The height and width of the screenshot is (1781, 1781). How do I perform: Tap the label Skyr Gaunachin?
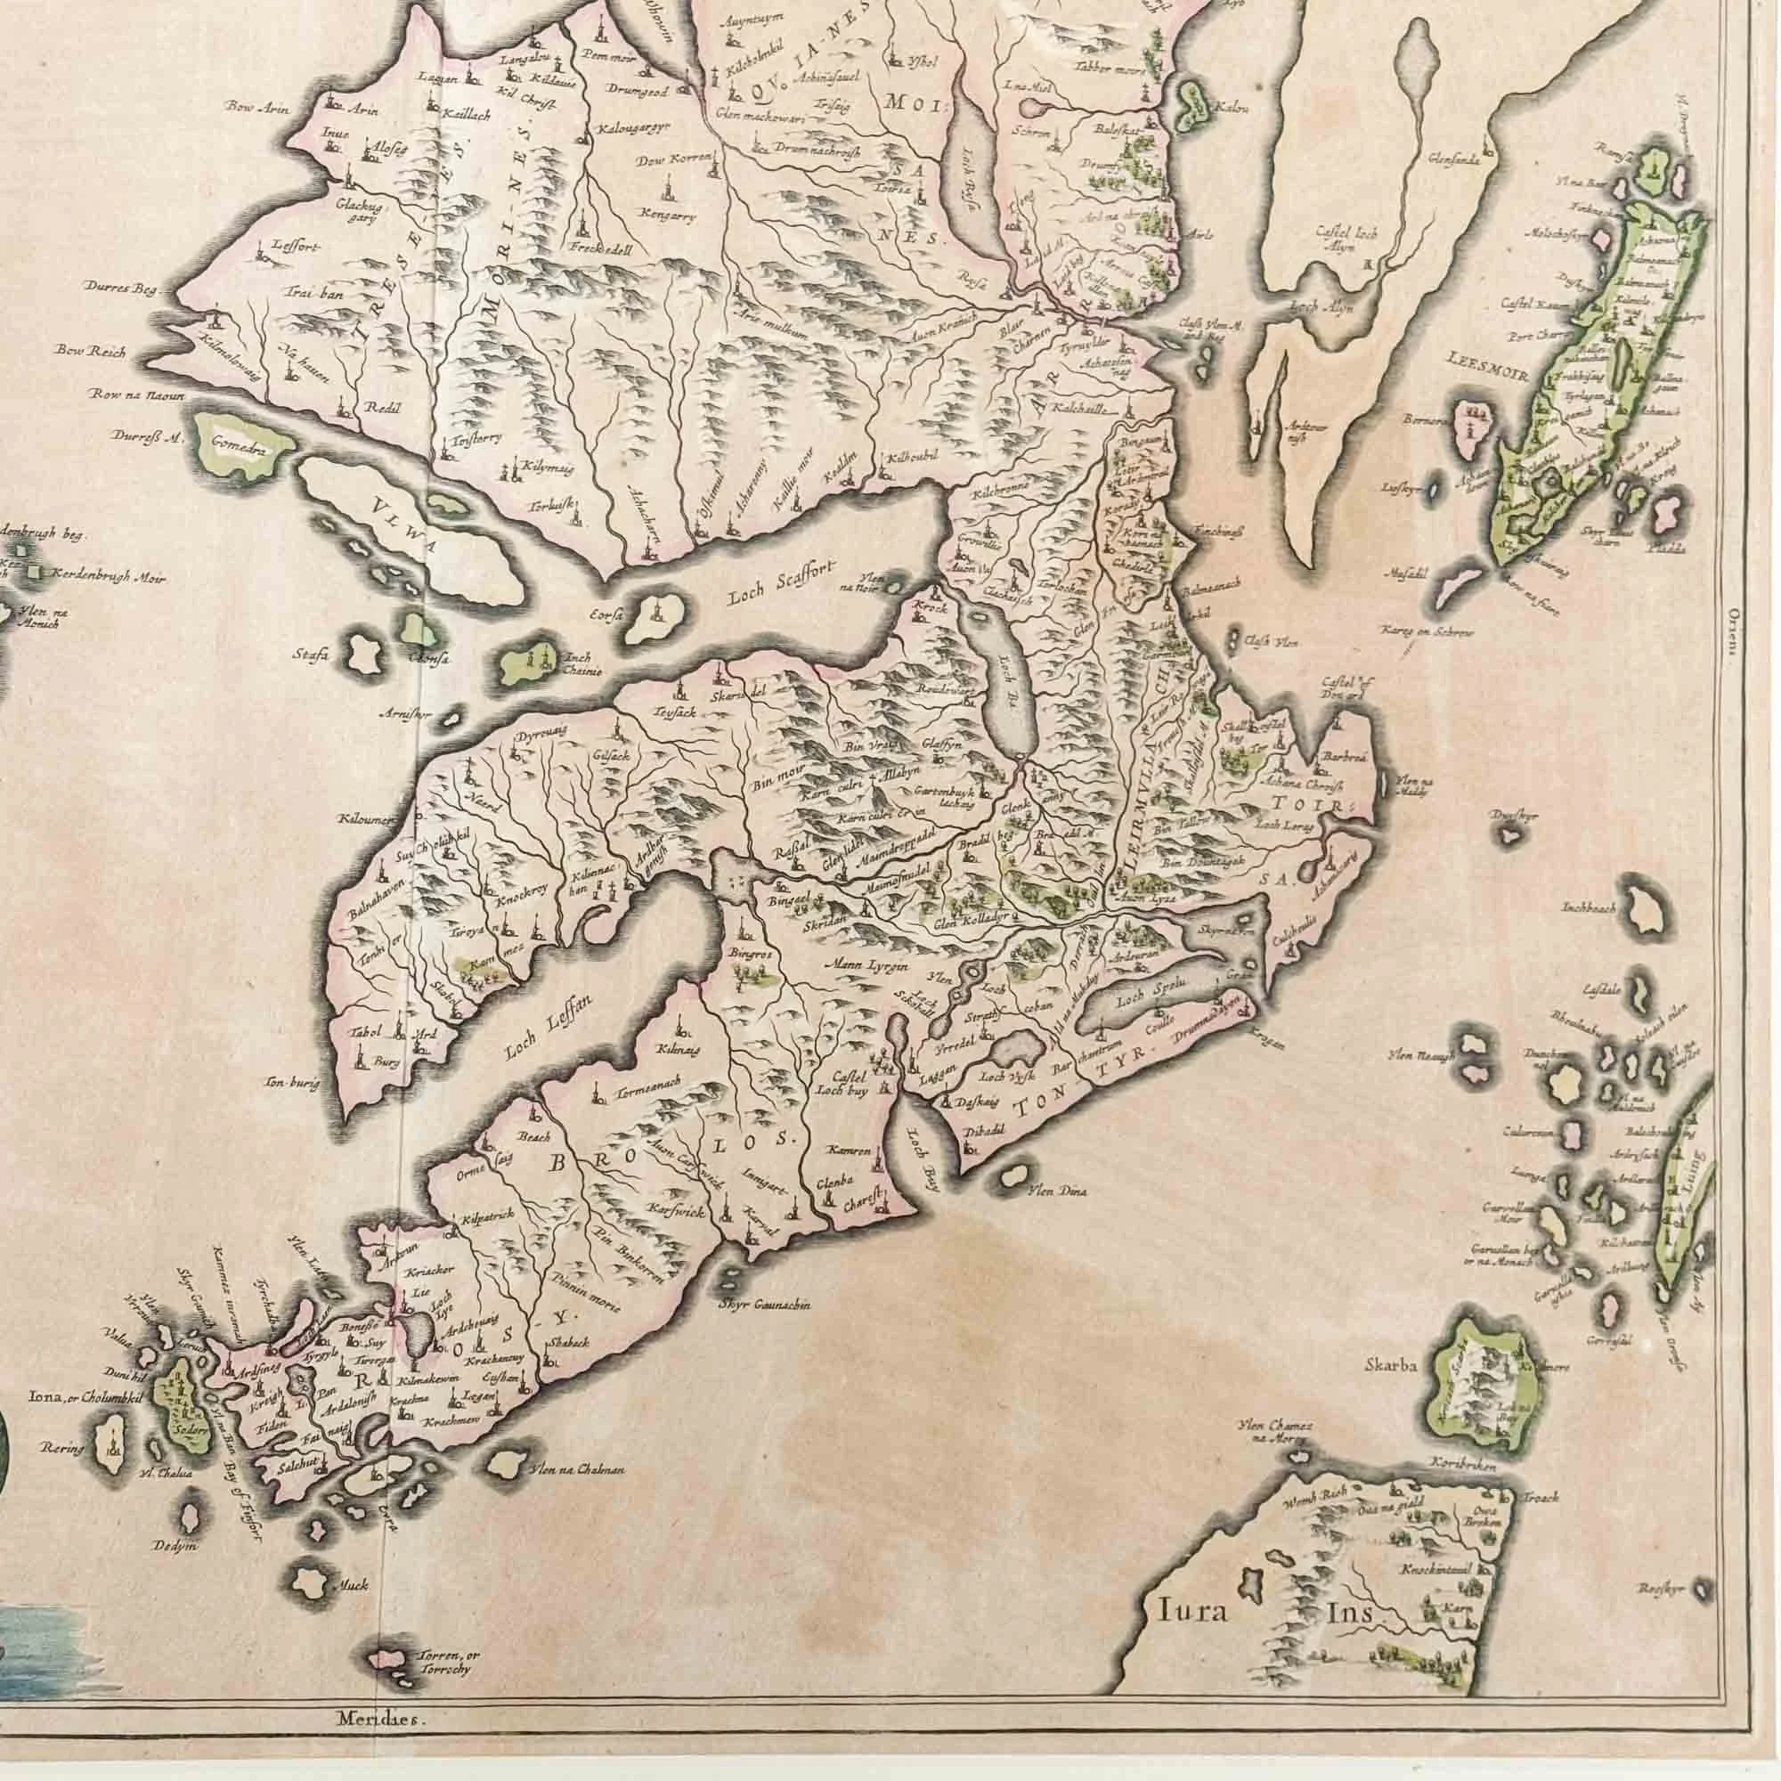[x=764, y=1305]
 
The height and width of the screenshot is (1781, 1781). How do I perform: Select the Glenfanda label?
[x=1451, y=159]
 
